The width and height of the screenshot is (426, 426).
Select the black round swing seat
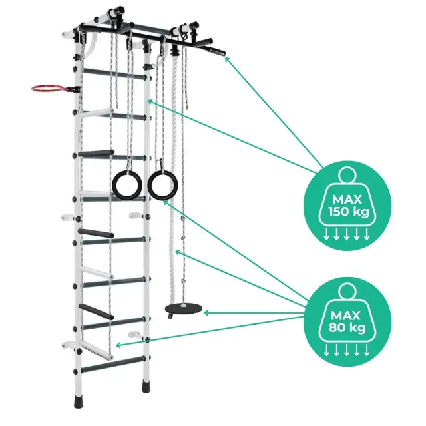tap(184, 308)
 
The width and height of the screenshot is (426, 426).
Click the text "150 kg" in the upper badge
tap(349, 211)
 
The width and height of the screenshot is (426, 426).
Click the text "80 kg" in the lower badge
tap(347, 327)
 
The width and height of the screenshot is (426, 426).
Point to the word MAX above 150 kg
tap(347, 200)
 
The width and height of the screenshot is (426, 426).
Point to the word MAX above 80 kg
tap(345, 316)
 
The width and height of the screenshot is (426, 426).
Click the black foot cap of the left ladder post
tap(79, 401)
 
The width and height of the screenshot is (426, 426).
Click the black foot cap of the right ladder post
tap(146, 386)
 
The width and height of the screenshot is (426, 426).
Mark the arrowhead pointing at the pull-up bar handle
tap(227, 59)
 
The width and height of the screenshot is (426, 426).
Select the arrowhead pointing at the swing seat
tap(206, 313)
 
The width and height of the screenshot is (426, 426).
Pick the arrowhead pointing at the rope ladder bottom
tap(118, 345)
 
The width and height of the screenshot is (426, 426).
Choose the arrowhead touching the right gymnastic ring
tap(165, 202)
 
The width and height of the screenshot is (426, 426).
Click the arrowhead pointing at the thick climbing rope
tap(178, 253)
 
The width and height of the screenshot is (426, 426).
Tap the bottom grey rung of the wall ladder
tap(112, 365)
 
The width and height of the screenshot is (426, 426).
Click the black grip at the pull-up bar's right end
tap(218, 51)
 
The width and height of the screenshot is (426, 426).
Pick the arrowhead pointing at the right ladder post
tap(150, 102)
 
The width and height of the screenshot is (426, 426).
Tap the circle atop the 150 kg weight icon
tap(347, 175)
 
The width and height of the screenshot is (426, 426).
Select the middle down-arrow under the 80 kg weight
tap(346, 350)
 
